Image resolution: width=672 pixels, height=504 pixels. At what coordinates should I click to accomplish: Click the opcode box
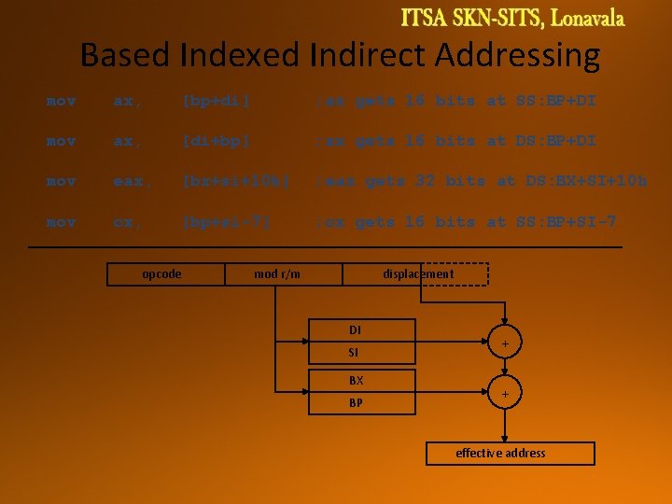tap(161, 273)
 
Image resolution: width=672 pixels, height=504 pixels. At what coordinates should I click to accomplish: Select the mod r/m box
tap(276, 273)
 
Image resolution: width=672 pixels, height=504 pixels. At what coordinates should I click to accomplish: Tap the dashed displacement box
tap(418, 273)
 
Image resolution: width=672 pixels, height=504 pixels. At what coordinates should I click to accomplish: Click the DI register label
tap(355, 330)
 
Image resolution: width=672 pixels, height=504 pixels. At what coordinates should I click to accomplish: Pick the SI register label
tap(354, 353)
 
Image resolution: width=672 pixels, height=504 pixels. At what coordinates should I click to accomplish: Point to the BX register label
tap(356, 381)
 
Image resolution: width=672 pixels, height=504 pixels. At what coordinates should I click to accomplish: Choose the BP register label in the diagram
tap(356, 403)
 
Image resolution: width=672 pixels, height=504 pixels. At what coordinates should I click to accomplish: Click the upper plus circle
tap(505, 344)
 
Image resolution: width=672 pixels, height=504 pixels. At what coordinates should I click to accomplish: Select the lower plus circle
tap(505, 395)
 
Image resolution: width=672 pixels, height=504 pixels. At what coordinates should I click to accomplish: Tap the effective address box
tap(500, 453)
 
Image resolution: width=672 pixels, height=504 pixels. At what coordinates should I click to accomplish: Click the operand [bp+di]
tap(217, 100)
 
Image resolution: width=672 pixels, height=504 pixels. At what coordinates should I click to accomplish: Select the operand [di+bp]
tap(217, 141)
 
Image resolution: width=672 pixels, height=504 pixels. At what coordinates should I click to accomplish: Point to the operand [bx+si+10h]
tap(230, 181)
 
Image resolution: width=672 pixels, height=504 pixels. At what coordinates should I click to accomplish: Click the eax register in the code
tap(127, 181)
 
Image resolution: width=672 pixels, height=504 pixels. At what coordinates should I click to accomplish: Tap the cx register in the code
tap(124, 222)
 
